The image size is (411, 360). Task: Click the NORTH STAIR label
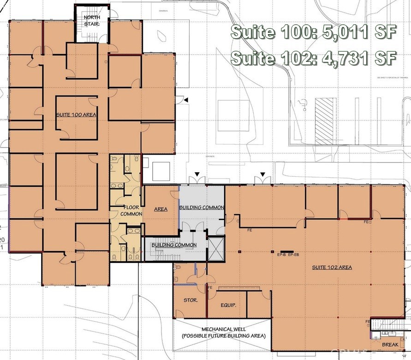coord(91,20)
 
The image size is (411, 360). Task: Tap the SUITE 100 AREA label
coord(76,114)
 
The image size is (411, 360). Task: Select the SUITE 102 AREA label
coord(332,267)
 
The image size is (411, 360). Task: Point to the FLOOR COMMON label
coord(131,211)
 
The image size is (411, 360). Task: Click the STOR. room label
coord(191,300)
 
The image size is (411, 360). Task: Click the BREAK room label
coord(389,344)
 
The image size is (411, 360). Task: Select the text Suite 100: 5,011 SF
coord(313,33)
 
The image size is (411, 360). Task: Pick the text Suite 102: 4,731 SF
coord(313,58)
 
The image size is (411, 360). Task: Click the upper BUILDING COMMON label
coord(202,208)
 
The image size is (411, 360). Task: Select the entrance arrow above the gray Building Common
coord(197,174)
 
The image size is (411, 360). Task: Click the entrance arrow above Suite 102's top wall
coord(262,174)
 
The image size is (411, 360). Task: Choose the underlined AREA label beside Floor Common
coord(161,209)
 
